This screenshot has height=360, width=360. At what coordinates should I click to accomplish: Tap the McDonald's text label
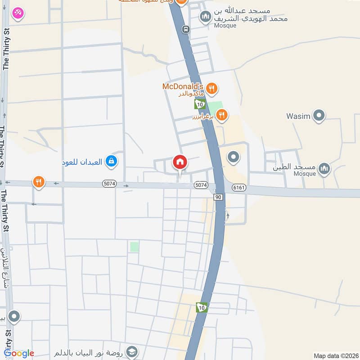[183, 86]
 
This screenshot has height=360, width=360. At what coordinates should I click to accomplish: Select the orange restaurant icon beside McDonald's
[212, 88]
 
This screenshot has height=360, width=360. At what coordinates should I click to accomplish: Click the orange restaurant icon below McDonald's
[221, 116]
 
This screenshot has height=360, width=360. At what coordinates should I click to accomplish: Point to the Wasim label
[298, 117]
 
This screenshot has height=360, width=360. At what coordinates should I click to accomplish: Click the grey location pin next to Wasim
[319, 116]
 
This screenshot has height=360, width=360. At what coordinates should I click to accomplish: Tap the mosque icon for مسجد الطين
[324, 169]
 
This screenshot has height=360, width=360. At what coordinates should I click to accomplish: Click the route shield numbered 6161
[239, 188]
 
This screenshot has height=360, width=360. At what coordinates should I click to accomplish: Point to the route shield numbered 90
[218, 197]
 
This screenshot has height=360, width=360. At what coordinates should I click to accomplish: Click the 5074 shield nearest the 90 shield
[201, 185]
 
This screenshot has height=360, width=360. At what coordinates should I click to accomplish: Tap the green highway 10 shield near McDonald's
[200, 104]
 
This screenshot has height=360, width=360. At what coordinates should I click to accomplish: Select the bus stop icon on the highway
[185, 29]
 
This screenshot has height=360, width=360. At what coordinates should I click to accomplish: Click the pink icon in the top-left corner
[18, 13]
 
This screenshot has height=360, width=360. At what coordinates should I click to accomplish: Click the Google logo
[19, 353]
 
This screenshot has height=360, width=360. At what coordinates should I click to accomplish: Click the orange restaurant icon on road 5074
[39, 182]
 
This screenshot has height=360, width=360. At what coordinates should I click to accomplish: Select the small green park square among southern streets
[134, 247]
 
